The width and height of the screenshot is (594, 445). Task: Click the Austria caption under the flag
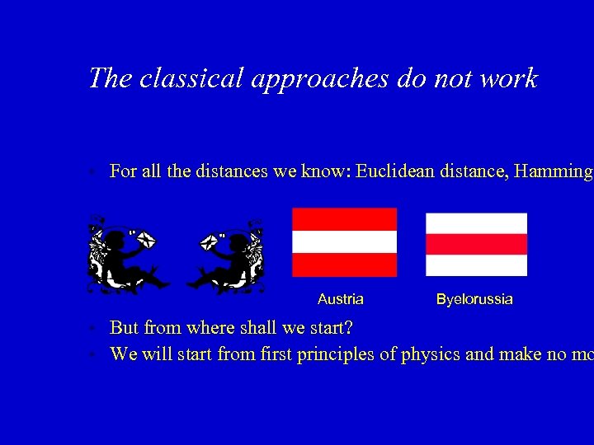tap(340, 299)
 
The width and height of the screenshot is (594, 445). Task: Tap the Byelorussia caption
tap(474, 299)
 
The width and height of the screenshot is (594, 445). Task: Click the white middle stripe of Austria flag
tap(344, 241)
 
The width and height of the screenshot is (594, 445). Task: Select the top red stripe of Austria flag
tap(344, 219)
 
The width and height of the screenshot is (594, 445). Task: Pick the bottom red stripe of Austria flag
tap(344, 265)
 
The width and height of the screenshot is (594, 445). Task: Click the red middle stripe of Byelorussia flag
tap(476, 244)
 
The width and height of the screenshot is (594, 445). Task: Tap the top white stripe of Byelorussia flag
tap(476, 223)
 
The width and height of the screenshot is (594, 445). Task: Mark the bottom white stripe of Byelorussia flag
tap(476, 265)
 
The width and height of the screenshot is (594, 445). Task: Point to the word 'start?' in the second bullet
tap(330, 328)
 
